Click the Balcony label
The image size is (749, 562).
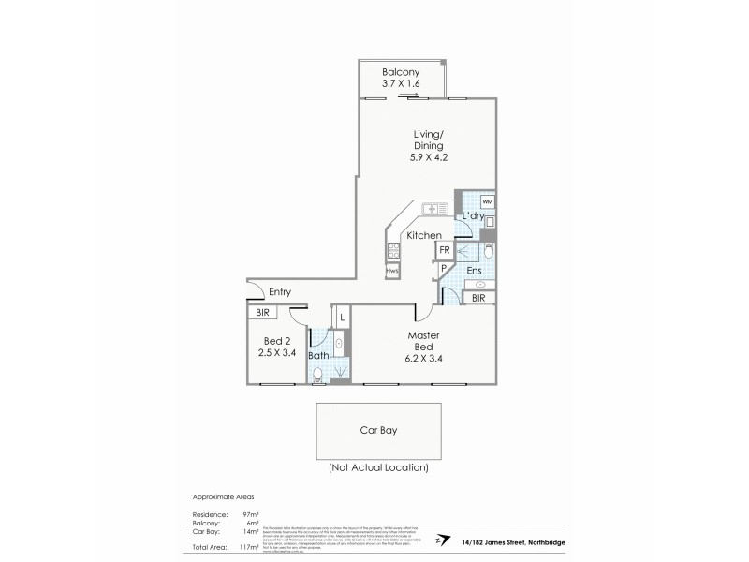401,72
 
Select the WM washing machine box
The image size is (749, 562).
487,201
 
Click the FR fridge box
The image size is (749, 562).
445,250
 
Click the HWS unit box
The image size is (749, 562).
391,271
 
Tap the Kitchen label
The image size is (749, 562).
424,235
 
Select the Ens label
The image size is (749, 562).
474,271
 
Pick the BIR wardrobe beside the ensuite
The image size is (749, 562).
478,298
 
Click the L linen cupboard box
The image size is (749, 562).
343,318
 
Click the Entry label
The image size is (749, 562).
280,292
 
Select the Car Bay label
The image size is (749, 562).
381,433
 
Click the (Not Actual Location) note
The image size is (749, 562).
378,466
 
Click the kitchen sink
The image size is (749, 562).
434,208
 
